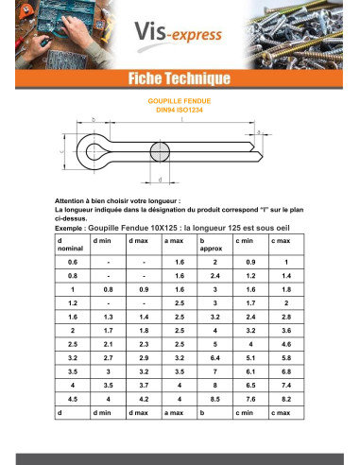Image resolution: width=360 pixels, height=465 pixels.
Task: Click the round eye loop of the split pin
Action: click(93, 148)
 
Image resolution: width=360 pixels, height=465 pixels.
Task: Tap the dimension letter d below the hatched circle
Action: click(160, 179)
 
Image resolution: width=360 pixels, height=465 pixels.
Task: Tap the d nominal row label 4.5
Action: click(72, 400)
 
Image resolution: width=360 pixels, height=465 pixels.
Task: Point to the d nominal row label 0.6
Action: click(72, 261)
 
